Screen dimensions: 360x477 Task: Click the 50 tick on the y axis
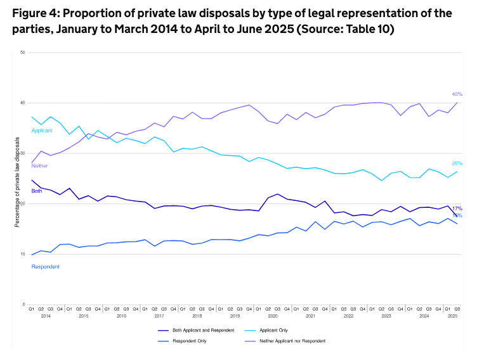[x=22, y=52]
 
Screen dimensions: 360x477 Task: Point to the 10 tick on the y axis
[x=22, y=254]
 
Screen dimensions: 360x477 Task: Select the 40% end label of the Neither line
[x=457, y=94]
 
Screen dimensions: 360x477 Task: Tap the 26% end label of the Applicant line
[x=457, y=164]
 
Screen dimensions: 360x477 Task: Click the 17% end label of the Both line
[x=457, y=209]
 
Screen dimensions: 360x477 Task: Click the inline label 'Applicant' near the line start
[x=42, y=131]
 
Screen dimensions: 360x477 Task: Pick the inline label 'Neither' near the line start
[x=39, y=166]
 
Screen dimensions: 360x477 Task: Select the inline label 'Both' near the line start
[x=37, y=190]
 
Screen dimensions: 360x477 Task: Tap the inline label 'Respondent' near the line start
[x=46, y=267]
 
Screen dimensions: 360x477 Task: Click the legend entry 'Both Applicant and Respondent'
[x=203, y=330]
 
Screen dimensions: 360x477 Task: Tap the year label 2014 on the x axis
[x=45, y=315]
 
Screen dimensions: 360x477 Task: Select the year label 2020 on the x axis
[x=272, y=315]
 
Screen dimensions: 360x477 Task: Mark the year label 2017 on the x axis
[x=159, y=315]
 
